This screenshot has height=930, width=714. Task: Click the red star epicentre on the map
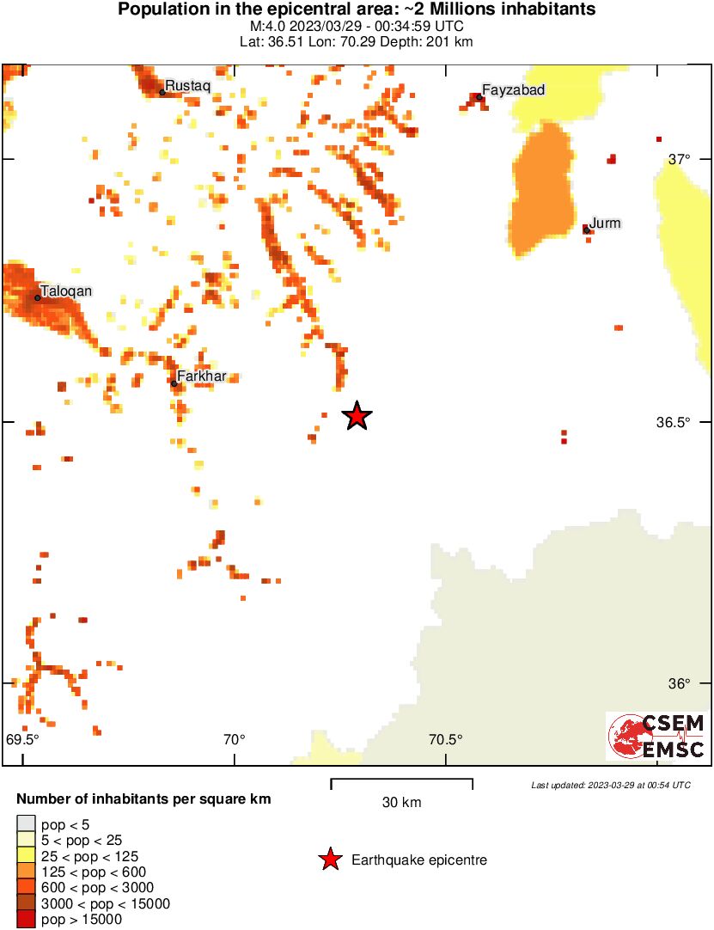tap(357, 416)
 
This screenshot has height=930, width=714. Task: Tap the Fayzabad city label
tap(513, 89)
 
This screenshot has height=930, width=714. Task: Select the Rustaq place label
tap(187, 85)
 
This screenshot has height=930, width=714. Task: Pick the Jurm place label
tap(605, 223)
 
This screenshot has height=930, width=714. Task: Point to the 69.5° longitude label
tap(23, 739)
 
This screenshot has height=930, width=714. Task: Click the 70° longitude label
tap(234, 739)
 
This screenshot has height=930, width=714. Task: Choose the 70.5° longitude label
tap(445, 739)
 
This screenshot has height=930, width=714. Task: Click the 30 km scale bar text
tap(401, 803)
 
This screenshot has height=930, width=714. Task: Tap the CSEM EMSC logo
tap(656, 737)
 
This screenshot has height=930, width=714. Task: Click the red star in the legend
tap(329, 860)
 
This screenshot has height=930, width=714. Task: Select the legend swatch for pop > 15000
tap(27, 920)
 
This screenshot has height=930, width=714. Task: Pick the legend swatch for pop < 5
tap(27, 824)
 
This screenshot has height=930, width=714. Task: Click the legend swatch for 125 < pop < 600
tap(27, 872)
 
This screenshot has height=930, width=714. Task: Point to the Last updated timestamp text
tap(610, 785)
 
